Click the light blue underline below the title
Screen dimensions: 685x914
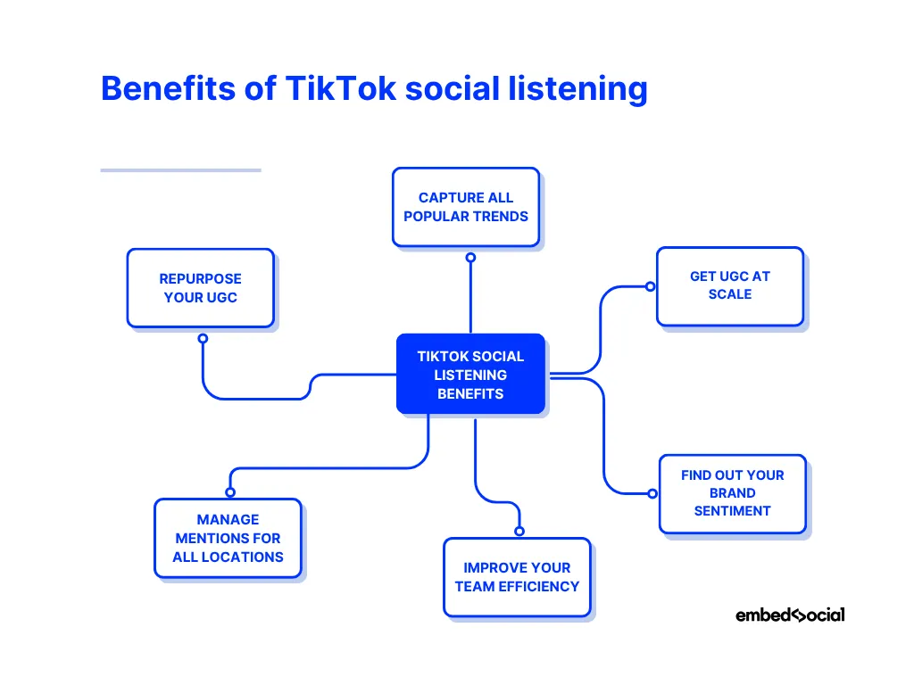pos(180,169)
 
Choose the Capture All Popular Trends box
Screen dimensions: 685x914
pos(466,207)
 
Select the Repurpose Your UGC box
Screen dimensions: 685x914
pos(201,288)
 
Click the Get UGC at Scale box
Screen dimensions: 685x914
pos(730,285)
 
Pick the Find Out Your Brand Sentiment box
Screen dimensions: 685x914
pos(732,493)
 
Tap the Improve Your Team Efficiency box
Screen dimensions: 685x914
pos(517,577)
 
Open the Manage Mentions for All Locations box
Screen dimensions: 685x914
pos(228,538)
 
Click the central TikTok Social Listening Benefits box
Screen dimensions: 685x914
pos(470,375)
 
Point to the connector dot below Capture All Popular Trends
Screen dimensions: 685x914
pos(470,258)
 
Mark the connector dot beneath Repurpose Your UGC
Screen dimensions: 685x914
pos(203,339)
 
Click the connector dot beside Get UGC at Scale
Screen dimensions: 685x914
pos(651,286)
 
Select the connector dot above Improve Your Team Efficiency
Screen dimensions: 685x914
pos(519,531)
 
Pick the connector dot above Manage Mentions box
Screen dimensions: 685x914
pos(230,492)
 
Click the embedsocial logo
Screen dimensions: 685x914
pos(790,615)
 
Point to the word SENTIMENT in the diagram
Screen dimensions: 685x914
pos(732,511)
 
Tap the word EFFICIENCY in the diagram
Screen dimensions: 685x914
pos(543,586)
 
